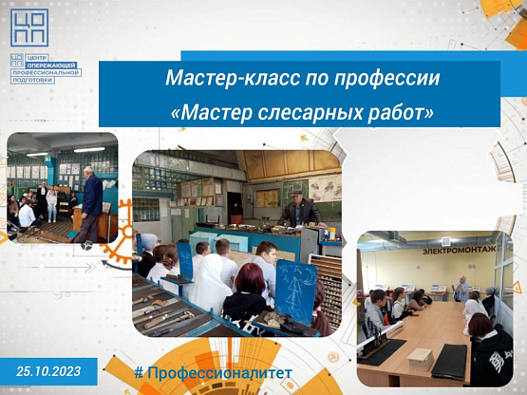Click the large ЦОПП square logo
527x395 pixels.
pos(29,28)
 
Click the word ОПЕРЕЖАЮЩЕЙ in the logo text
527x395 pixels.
pos(52,65)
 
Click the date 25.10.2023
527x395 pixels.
pos(48,371)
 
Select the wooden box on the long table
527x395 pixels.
pos(420,359)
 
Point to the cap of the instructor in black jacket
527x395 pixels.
pos(296,193)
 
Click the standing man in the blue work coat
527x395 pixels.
pos(90,204)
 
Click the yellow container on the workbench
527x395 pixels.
pos(331,234)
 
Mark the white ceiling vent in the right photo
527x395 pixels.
pos(446,241)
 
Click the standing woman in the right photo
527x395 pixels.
pos(461,289)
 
